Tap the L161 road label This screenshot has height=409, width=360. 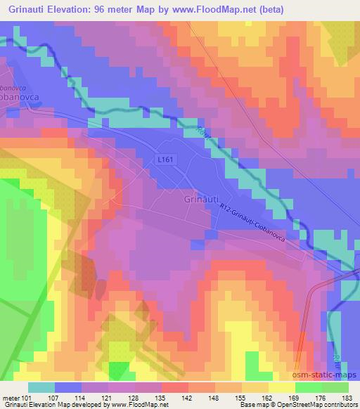(166, 160)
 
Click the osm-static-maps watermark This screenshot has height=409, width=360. (327, 373)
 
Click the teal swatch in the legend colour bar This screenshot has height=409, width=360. (42, 387)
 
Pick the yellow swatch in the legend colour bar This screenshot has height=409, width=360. (282, 387)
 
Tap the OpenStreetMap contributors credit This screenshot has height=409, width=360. (314, 405)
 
